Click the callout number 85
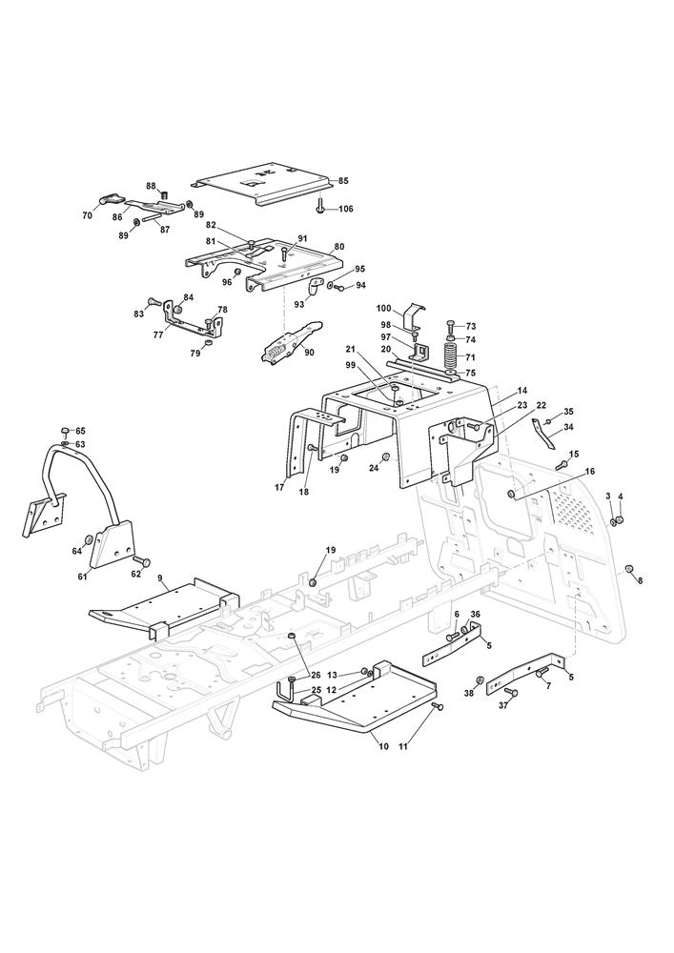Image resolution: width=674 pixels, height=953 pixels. [x=343, y=180]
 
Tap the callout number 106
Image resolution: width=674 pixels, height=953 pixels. [x=345, y=209]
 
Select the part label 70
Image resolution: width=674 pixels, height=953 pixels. [x=87, y=215]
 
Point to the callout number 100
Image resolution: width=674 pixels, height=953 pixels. [x=383, y=308]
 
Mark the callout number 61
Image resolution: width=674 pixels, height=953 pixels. [x=82, y=576]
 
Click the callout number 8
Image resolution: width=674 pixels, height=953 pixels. [x=640, y=580]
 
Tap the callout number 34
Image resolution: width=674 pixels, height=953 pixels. [x=568, y=427]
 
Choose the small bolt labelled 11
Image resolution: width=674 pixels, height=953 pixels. [x=435, y=706]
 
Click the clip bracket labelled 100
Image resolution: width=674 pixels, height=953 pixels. [x=413, y=316]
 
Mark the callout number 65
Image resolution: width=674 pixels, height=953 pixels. [x=80, y=431]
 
